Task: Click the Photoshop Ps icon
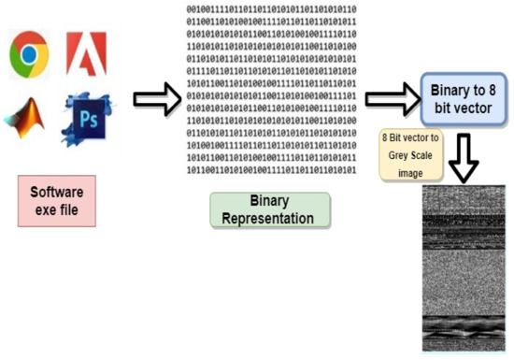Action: pos(83,116)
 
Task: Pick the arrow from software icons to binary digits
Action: pos(156,97)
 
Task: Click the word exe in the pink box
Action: pos(43,209)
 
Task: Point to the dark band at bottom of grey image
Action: pos(463,330)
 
